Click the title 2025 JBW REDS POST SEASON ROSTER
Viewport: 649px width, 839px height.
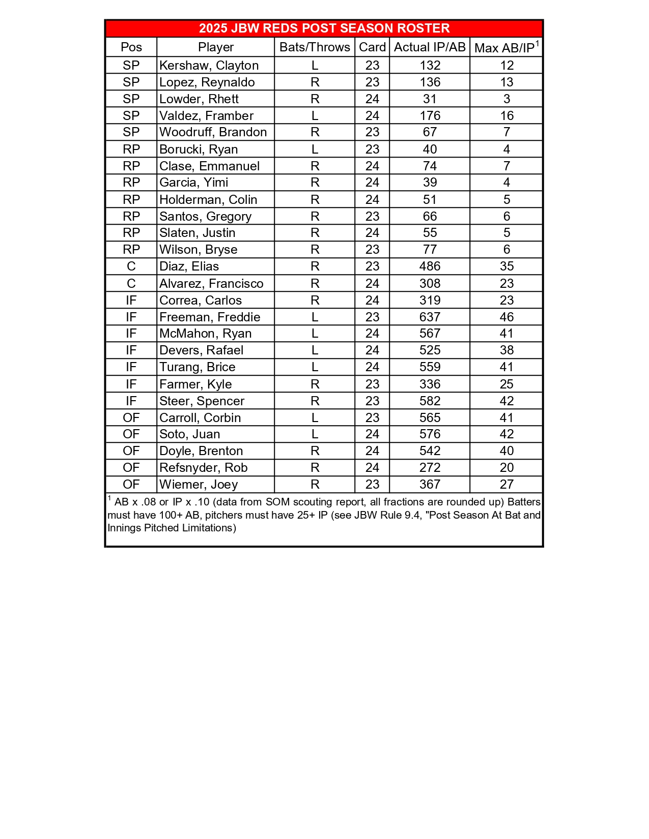[x=324, y=28]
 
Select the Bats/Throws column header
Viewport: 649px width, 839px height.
[x=315, y=47]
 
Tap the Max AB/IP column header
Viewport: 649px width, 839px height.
[x=506, y=48]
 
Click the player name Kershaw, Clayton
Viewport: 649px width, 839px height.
[x=209, y=66]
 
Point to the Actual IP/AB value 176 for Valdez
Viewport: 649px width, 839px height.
[x=430, y=116]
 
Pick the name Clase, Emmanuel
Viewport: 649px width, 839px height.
[x=209, y=166]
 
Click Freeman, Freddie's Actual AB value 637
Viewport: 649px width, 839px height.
[x=430, y=317]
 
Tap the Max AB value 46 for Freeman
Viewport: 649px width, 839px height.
[x=506, y=317]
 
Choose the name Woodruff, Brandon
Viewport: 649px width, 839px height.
[x=213, y=132]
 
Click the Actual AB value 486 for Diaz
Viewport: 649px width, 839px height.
[x=430, y=266]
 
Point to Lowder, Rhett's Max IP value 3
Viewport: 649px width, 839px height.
[x=506, y=99]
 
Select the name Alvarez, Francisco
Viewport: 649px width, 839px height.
[x=211, y=284]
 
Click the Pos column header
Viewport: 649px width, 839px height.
[x=131, y=47]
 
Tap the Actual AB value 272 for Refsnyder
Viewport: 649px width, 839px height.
[x=430, y=468]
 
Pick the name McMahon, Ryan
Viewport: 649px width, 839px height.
[x=205, y=334]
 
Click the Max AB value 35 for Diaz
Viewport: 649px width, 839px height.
[x=506, y=266]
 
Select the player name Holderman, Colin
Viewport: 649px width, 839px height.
[x=208, y=200]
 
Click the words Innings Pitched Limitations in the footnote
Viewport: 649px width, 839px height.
[x=171, y=528]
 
